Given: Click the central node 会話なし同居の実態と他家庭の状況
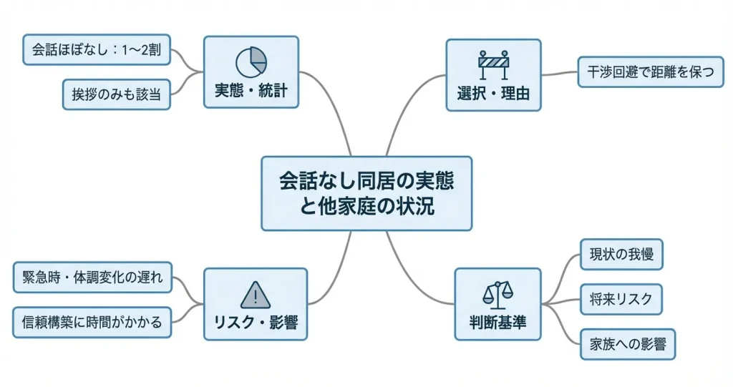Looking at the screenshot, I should pos(366,193).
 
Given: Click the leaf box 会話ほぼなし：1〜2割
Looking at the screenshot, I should pos(97,49).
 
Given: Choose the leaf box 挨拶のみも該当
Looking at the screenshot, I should pos(116,94).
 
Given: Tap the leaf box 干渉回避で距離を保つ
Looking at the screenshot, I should pos(651,72).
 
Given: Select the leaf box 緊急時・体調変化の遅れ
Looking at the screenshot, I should pos(93,278).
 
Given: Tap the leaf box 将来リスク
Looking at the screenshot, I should pos(621,299).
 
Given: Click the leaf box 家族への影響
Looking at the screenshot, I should pos(627,344).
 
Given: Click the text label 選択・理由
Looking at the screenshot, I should pos(493,93).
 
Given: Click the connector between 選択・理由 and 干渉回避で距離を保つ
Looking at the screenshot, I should pos(559,72).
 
